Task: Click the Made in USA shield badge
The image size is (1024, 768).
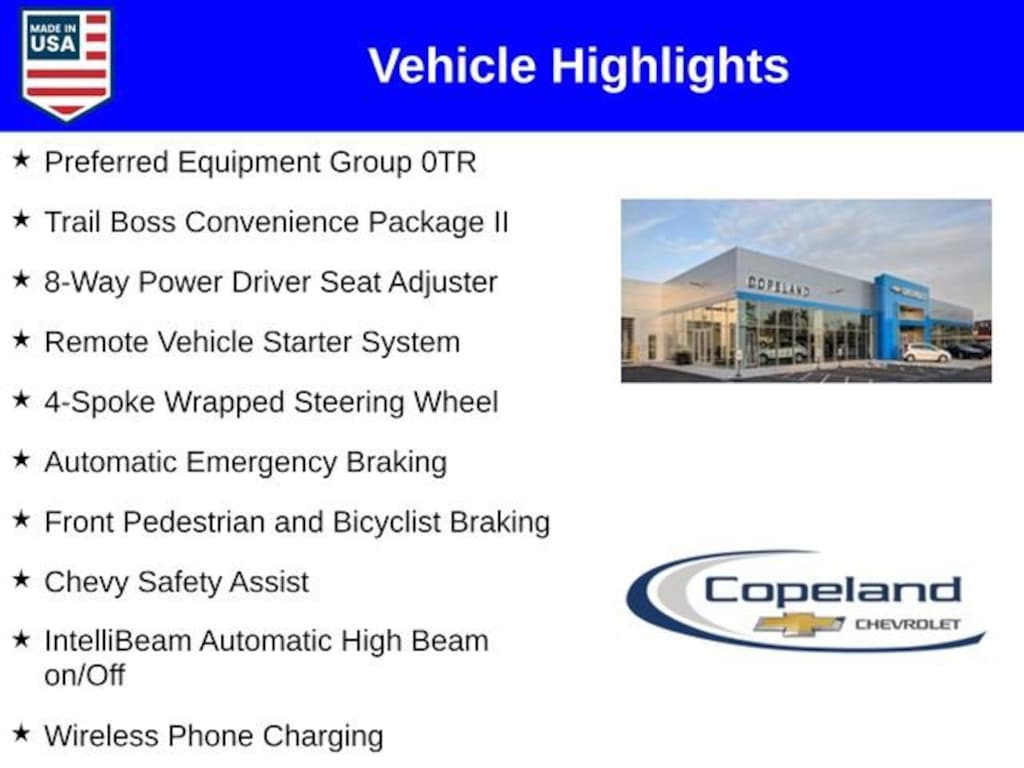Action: [67, 64]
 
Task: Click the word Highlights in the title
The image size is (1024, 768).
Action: [670, 66]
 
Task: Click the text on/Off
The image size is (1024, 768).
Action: [84, 675]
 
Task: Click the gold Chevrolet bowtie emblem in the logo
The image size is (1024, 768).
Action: [799, 624]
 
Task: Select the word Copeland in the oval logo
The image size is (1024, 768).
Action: [832, 590]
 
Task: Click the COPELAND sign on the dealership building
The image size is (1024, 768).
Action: [778, 286]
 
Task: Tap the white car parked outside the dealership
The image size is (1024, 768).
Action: [926, 352]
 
